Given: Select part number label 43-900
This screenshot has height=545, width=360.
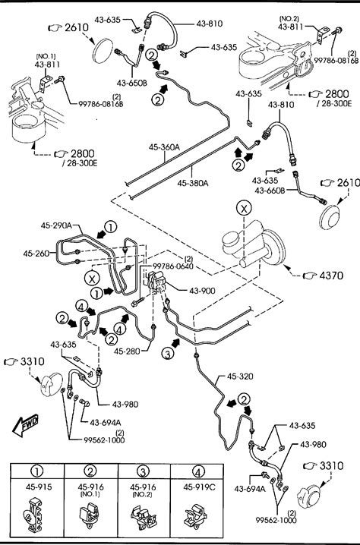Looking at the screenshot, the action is [x=202, y=291].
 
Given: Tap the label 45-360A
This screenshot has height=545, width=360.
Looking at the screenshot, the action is [x=164, y=147].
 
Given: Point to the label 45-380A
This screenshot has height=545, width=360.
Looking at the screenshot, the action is [x=193, y=183].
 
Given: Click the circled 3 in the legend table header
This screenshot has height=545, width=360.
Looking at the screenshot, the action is [x=143, y=471].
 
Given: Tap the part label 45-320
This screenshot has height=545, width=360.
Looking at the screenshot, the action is [x=240, y=376].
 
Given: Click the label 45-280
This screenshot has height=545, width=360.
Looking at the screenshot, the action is [x=127, y=351].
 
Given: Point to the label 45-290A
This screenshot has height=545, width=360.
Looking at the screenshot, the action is [x=56, y=225].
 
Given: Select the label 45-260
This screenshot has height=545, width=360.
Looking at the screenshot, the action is [x=36, y=254].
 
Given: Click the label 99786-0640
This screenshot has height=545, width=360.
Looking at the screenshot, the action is [x=173, y=266].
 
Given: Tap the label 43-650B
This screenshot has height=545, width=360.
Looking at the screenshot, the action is [x=132, y=83].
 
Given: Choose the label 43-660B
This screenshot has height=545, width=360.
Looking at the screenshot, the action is [x=270, y=191].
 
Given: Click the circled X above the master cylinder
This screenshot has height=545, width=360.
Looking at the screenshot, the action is [x=244, y=208].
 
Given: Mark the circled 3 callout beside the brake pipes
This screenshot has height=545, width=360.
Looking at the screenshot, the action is [x=168, y=354].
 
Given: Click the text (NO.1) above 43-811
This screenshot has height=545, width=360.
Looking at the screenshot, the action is [x=46, y=56].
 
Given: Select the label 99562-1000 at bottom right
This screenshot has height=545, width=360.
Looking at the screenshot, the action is [x=276, y=520].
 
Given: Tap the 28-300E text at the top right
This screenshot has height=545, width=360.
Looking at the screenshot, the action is [x=334, y=103].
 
